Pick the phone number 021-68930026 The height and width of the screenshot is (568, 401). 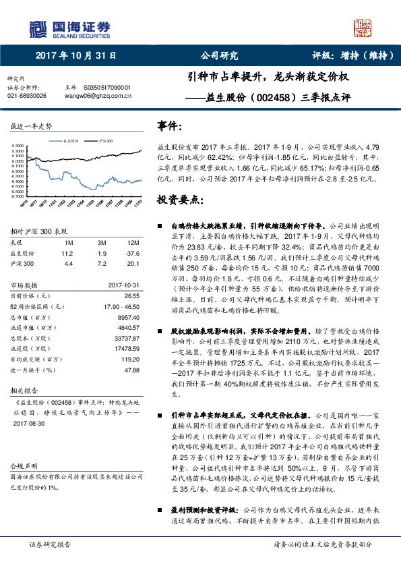(x=27, y=96)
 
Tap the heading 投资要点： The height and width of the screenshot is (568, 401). (x=179, y=201)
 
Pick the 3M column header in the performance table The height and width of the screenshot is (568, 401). (x=101, y=243)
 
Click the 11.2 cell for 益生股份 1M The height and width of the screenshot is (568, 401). (x=66, y=253)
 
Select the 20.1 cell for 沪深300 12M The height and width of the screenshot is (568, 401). (x=132, y=263)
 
